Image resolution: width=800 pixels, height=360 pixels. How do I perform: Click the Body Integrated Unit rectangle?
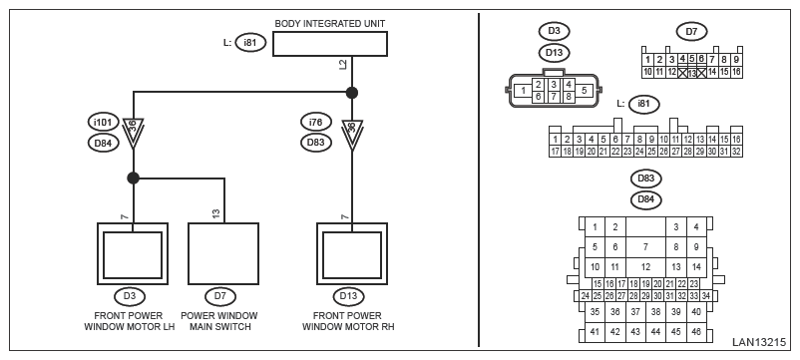pos(329,43)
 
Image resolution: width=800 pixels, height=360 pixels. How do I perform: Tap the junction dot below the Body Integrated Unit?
pos(351,93)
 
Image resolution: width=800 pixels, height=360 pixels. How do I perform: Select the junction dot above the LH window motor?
pos(133,178)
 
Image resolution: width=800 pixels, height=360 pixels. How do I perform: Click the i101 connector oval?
pos(103,123)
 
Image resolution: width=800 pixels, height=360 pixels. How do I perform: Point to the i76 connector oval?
pos(316,123)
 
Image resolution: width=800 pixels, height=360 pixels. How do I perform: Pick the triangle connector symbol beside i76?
pos(351,134)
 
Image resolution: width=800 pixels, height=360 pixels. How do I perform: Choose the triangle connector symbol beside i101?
pos(133,134)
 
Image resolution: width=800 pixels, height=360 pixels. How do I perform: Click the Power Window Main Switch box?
pos(223,253)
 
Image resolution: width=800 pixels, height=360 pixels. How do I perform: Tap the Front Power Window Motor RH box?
pos(351,253)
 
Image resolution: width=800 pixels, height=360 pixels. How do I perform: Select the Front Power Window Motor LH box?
pos(133,253)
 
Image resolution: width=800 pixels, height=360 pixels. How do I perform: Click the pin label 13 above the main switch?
pos(216,214)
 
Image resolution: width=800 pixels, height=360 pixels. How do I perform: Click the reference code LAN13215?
pos(759,342)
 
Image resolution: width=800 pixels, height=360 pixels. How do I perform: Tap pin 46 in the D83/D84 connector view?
pos(696,332)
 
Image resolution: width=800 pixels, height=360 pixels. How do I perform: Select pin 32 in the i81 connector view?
pos(736,152)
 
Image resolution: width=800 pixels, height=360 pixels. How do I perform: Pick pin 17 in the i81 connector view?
pos(555,152)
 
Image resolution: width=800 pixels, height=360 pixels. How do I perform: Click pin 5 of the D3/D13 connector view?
pos(585,91)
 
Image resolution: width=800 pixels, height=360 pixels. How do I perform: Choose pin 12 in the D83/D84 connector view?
pos(645,266)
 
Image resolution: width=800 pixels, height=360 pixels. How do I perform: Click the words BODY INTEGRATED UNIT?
pos(330,24)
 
